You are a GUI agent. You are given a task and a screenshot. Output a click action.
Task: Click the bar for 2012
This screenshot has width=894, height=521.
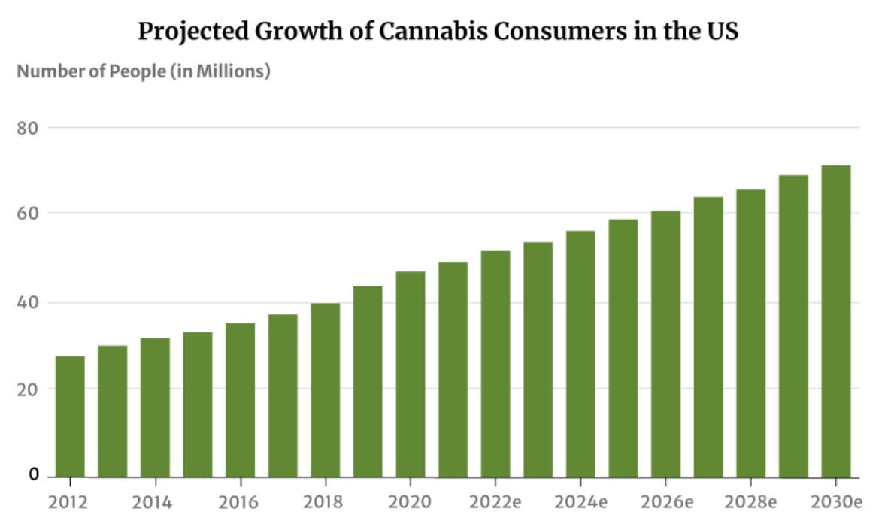70,416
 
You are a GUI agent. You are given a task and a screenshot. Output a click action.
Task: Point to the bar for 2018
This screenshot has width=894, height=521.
326,390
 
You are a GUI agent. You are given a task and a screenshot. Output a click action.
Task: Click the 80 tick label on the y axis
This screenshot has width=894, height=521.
28,128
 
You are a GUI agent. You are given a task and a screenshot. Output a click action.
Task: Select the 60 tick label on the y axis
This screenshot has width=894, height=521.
28,214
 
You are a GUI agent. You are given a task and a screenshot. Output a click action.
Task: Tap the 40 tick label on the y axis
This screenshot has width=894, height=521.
28,303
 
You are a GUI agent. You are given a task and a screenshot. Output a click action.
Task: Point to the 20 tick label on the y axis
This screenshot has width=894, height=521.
28,389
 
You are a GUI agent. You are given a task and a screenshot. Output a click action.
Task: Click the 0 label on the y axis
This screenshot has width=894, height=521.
34,475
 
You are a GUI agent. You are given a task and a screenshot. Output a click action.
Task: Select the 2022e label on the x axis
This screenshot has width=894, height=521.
495,501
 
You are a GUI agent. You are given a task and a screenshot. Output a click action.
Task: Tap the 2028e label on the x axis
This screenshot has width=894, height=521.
750,501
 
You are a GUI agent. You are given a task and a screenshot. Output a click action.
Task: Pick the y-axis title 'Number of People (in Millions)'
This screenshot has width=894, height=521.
143,72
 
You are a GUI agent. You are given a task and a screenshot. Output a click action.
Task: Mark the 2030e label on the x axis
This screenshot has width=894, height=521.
835,501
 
